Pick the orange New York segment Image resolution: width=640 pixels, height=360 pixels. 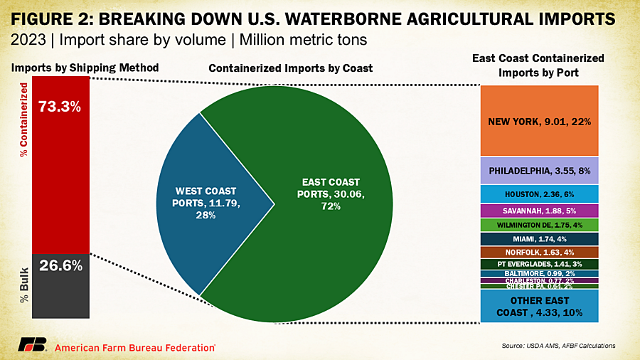539,121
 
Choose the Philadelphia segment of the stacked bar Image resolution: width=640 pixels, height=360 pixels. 539,171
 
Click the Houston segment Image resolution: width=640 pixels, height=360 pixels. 539,194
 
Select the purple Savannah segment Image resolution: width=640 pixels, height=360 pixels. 539,211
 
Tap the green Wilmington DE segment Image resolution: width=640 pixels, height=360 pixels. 539,225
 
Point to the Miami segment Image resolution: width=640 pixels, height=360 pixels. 539,238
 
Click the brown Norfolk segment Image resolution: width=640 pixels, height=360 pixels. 539,252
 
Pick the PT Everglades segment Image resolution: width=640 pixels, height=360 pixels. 539,264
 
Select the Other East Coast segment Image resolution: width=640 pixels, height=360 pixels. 539,306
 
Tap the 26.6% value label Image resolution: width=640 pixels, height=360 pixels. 60,266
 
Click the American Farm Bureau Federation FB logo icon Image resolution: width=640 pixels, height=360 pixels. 32,346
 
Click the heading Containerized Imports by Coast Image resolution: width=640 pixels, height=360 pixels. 291,68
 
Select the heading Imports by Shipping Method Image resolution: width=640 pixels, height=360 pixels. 85,68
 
